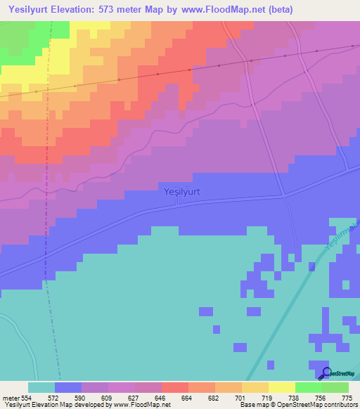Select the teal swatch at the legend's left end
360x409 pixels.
pos(41,387)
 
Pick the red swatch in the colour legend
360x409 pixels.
pos(175,387)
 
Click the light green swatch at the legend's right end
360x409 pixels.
pos(335,387)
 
